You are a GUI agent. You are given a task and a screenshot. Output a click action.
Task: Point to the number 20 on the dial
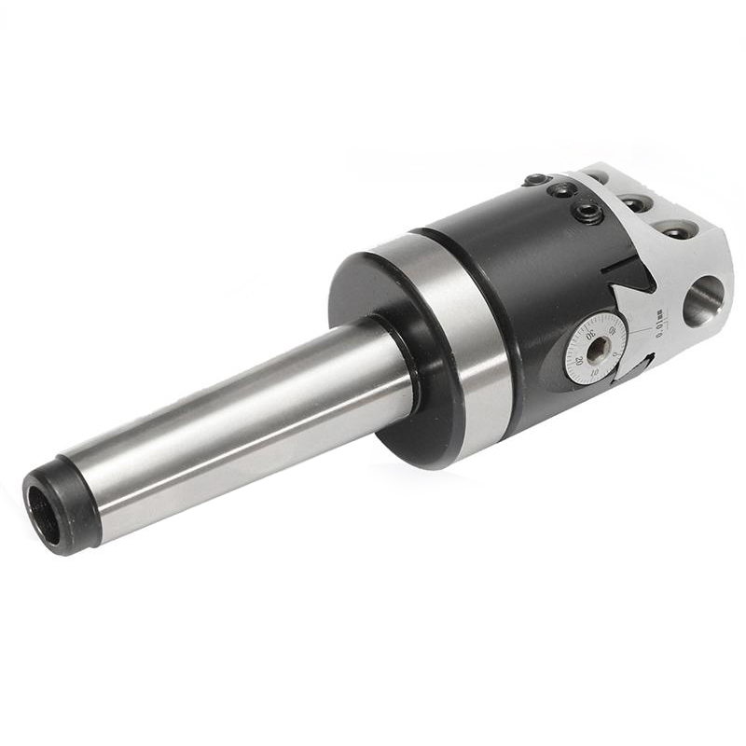pos(579,359)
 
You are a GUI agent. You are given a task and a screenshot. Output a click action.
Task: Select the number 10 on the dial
pos(595,374)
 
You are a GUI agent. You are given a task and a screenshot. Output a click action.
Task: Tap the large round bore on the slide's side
pos(704,300)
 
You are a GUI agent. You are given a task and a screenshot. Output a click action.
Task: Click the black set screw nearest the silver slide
pos(587,213)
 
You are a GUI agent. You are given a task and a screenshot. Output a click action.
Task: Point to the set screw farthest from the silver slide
pos(536,179)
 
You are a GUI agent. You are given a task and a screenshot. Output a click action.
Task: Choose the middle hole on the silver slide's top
pos(635,202)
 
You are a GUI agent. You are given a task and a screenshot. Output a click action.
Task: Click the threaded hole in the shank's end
pos(43,512)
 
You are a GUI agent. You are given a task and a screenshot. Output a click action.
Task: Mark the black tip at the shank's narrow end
pos(58,504)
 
